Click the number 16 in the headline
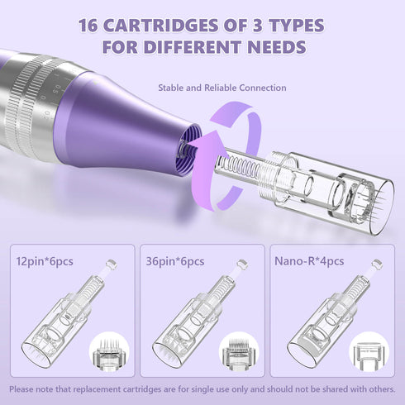[x=88, y=26]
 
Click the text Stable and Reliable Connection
[x=222, y=88]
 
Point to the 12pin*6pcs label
[x=45, y=261]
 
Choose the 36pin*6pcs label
[x=175, y=261]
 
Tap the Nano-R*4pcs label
[x=309, y=261]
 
